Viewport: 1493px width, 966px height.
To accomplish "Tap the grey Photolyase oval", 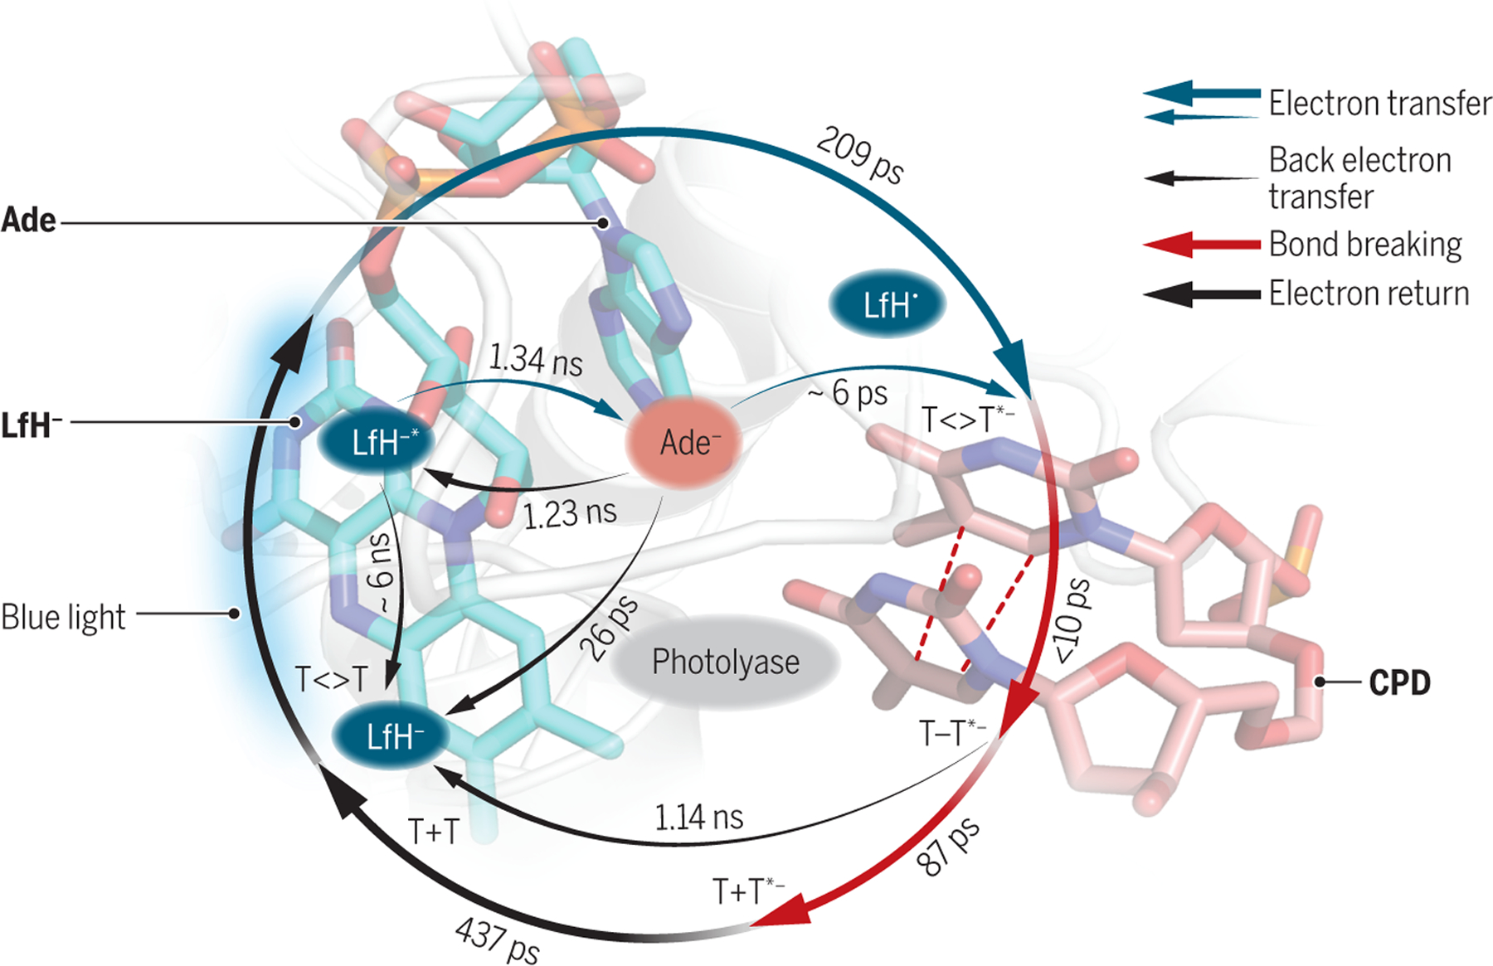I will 726,662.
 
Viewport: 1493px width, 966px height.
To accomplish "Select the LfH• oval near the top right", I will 888,305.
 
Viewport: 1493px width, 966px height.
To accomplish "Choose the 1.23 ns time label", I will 570,513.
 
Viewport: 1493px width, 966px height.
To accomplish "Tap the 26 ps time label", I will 611,628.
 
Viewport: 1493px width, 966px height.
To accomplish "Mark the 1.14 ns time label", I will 698,818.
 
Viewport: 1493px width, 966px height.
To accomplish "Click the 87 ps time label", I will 949,847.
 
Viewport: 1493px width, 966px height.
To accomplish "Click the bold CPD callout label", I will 1399,683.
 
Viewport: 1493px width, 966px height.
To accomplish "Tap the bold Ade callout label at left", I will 29,221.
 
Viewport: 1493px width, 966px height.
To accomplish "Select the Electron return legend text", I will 1369,294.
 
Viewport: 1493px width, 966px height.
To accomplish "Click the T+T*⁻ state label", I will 747,891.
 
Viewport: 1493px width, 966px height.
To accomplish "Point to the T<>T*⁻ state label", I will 966,420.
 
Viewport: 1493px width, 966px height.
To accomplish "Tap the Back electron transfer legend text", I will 1360,178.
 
